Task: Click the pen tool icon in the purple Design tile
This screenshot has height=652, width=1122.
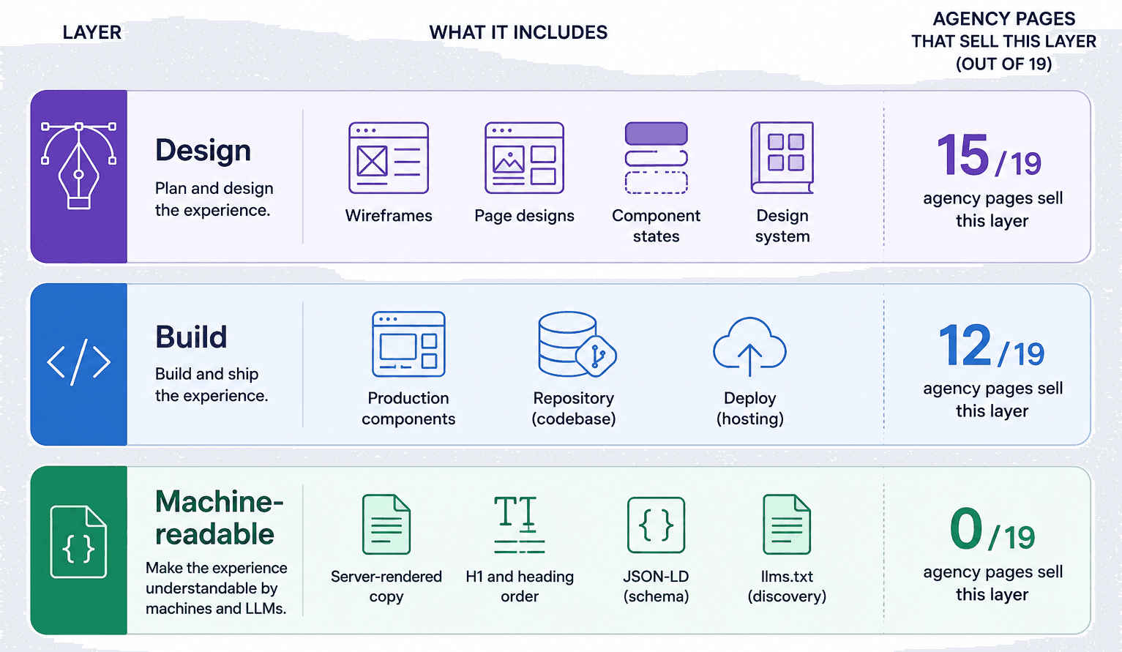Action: (78, 165)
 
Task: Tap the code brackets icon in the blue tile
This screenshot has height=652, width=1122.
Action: (78, 362)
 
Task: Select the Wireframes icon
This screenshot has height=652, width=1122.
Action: (389, 158)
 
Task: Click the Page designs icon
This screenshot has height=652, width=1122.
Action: (525, 158)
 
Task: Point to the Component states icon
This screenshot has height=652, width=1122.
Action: (657, 158)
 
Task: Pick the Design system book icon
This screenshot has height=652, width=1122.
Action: (782, 158)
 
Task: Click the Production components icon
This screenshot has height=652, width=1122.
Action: (408, 344)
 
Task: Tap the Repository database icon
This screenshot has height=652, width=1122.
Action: (577, 344)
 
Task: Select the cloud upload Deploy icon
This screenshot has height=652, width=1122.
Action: (749, 346)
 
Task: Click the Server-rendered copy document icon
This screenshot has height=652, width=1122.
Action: (386, 524)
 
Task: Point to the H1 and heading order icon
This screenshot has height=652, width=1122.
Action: (520, 524)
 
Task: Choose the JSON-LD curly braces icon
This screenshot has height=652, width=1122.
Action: (657, 525)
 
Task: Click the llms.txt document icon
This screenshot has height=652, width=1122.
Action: (787, 524)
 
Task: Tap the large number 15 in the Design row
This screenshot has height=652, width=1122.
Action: (962, 155)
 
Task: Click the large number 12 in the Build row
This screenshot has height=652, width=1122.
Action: (965, 345)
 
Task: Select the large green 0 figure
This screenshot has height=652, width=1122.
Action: (966, 529)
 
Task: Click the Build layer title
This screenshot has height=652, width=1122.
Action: (191, 337)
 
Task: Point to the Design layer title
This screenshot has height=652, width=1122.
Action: (203, 150)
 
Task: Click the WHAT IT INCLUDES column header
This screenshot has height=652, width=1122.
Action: (518, 32)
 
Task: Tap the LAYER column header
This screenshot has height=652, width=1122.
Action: (92, 32)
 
